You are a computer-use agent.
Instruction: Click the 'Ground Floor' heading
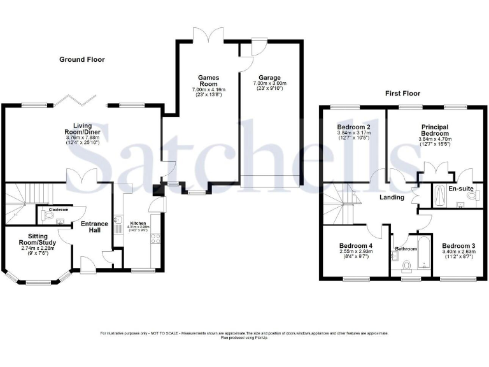click(82, 59)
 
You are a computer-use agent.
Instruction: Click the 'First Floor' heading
click(402, 93)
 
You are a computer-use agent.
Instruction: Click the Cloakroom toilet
click(49, 217)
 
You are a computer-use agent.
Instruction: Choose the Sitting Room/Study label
click(36, 238)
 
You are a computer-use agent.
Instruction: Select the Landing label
click(392, 198)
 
